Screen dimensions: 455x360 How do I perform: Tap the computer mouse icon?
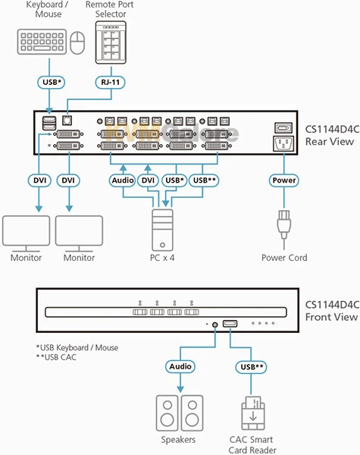coord(77,45)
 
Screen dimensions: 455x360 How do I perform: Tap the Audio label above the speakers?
coord(180,366)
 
